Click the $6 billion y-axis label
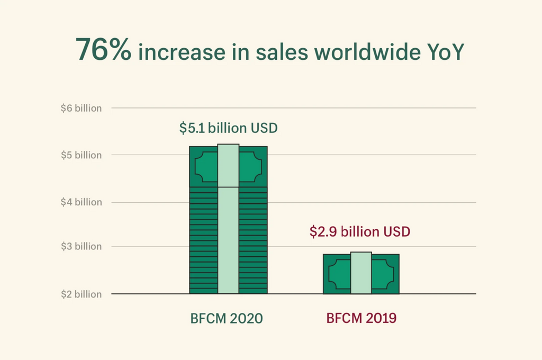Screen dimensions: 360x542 81,108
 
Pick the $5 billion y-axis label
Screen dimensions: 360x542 81,155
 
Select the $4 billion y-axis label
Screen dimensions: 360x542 81,202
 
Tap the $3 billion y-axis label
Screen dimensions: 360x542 81,247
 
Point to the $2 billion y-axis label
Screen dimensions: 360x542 81,294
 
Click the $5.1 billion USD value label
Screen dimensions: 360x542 229,128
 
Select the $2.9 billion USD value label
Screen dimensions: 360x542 360,231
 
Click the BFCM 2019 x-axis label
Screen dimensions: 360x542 362,319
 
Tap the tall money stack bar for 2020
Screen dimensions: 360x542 204,238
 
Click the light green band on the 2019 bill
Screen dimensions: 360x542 361,273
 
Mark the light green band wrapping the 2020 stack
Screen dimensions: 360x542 228,238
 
